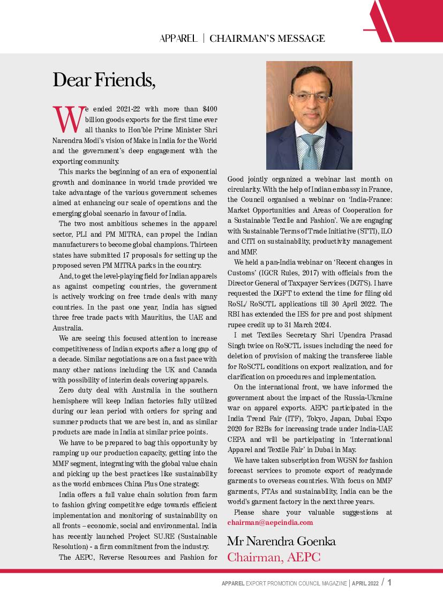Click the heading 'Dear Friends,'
[x=104, y=80]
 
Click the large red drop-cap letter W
[x=67, y=120]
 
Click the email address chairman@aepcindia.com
[x=270, y=522]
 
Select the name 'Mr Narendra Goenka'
[x=281, y=541]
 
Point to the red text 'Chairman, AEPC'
[x=274, y=557]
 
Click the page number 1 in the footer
[x=389, y=583]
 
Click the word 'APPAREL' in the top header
[x=178, y=39]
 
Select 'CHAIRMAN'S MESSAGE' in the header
[x=267, y=39]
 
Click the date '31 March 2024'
[x=309, y=325]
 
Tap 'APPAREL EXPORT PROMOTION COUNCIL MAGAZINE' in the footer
[x=284, y=583]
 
